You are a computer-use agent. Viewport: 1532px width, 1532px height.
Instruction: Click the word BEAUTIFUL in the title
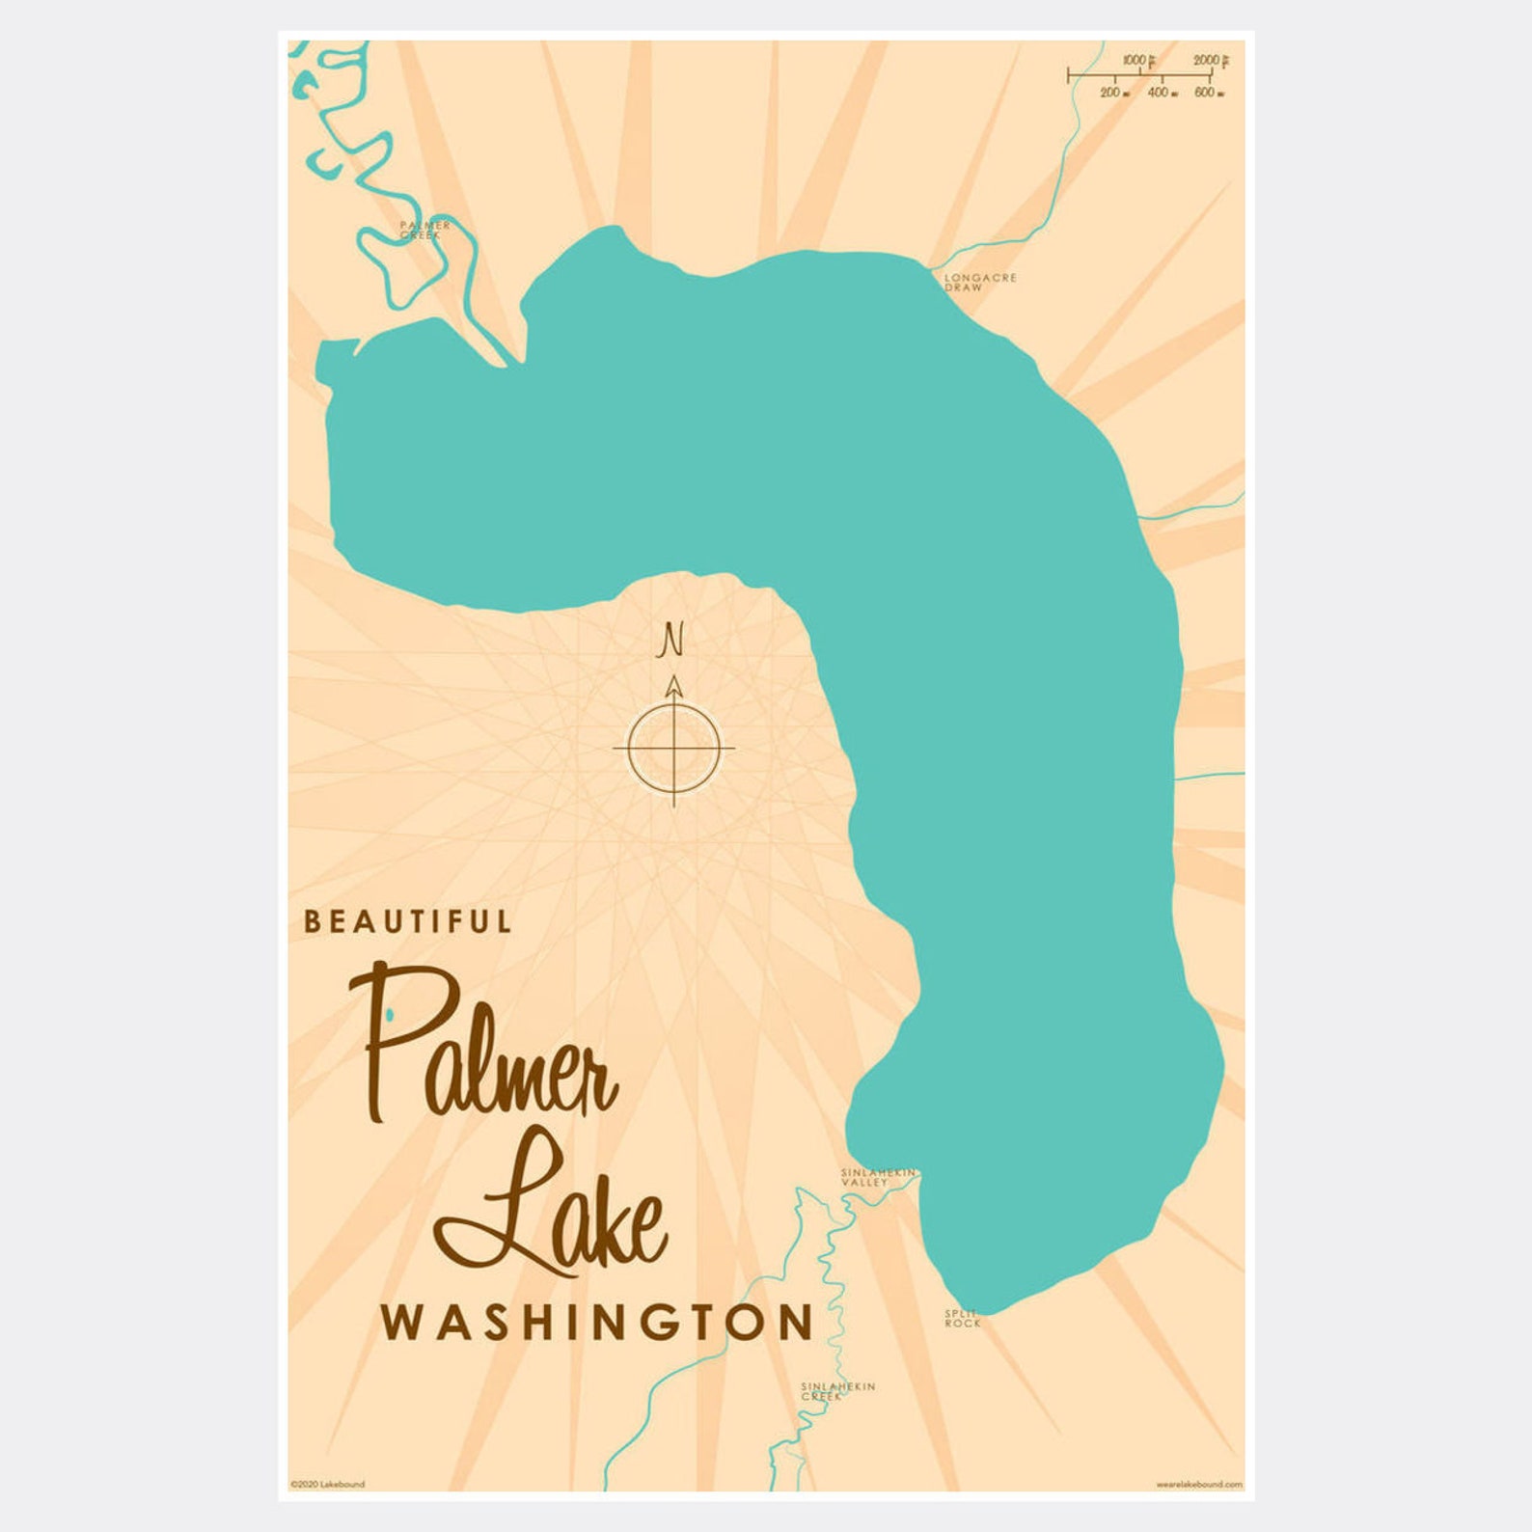point(407,921)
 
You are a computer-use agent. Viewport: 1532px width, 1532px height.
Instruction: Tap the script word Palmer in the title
point(487,1047)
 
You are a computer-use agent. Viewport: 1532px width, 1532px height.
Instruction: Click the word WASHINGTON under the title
point(597,1323)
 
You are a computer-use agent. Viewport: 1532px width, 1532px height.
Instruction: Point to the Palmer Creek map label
point(424,230)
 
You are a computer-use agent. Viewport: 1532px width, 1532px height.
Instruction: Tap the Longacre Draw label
point(979,282)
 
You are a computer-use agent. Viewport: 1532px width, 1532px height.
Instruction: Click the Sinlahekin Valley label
point(876,1177)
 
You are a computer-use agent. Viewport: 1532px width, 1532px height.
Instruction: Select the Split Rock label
point(962,1319)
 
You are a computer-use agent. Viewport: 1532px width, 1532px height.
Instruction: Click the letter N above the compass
point(672,640)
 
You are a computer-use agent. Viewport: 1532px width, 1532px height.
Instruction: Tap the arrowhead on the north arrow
point(674,686)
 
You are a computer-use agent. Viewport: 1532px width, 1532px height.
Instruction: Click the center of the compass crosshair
point(673,748)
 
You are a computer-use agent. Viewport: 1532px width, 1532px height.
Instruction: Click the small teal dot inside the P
point(389,1013)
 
